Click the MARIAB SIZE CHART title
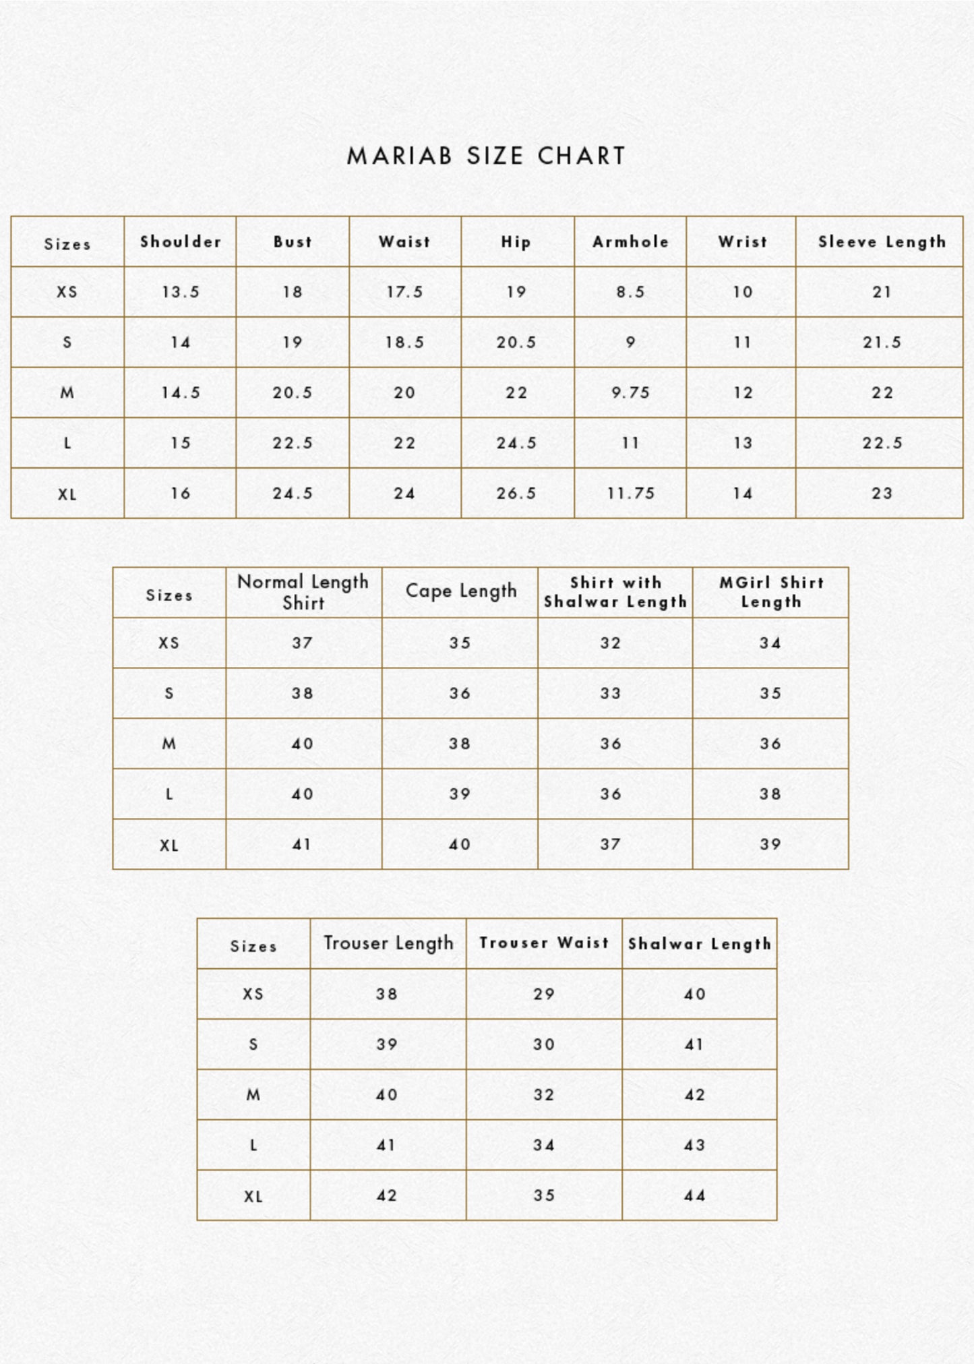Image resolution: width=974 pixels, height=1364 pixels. point(486,156)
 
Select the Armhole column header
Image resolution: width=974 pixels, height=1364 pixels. point(630,242)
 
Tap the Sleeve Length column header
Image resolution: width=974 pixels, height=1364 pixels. point(882,242)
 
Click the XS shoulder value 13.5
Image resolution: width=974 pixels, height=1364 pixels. point(181,292)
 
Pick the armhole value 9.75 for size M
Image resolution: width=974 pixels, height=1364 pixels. point(630,393)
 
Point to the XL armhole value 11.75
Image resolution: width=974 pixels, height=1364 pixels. point(630,494)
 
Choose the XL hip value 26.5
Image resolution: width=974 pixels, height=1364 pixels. point(516,494)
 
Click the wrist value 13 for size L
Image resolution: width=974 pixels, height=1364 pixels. point(742,443)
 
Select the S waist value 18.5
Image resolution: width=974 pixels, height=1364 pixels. point(404,343)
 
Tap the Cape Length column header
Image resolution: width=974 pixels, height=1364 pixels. point(460,591)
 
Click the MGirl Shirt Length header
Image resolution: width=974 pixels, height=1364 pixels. point(771,592)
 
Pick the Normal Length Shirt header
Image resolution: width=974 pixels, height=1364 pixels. point(303,592)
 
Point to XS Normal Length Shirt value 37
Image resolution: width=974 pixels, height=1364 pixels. point(302,643)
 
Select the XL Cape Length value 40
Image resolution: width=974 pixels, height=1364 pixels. point(460,845)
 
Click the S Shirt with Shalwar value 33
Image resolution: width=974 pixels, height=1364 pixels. point(611,694)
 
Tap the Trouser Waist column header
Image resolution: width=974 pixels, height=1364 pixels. point(544,943)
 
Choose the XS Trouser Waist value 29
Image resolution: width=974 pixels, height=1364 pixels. point(544,995)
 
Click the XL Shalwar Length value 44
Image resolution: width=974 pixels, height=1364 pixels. point(695,1196)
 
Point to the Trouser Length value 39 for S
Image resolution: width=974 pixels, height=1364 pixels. point(387,1044)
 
